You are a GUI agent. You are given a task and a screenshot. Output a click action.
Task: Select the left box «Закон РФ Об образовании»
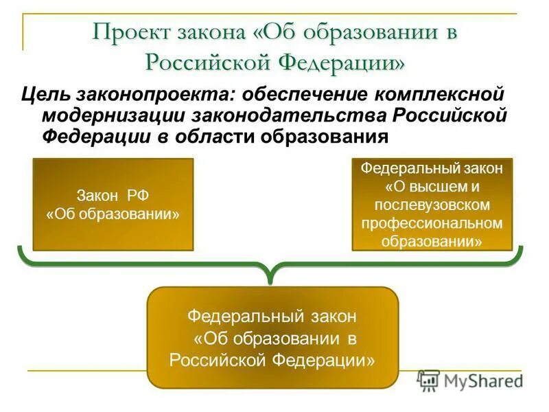point(113,204)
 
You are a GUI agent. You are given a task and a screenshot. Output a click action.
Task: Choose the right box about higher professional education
point(432,204)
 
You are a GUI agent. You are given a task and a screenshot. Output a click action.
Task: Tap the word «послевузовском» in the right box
point(432,205)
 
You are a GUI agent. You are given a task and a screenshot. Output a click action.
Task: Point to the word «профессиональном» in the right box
point(432,223)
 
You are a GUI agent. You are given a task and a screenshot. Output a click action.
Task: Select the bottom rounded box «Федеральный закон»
point(272,337)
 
